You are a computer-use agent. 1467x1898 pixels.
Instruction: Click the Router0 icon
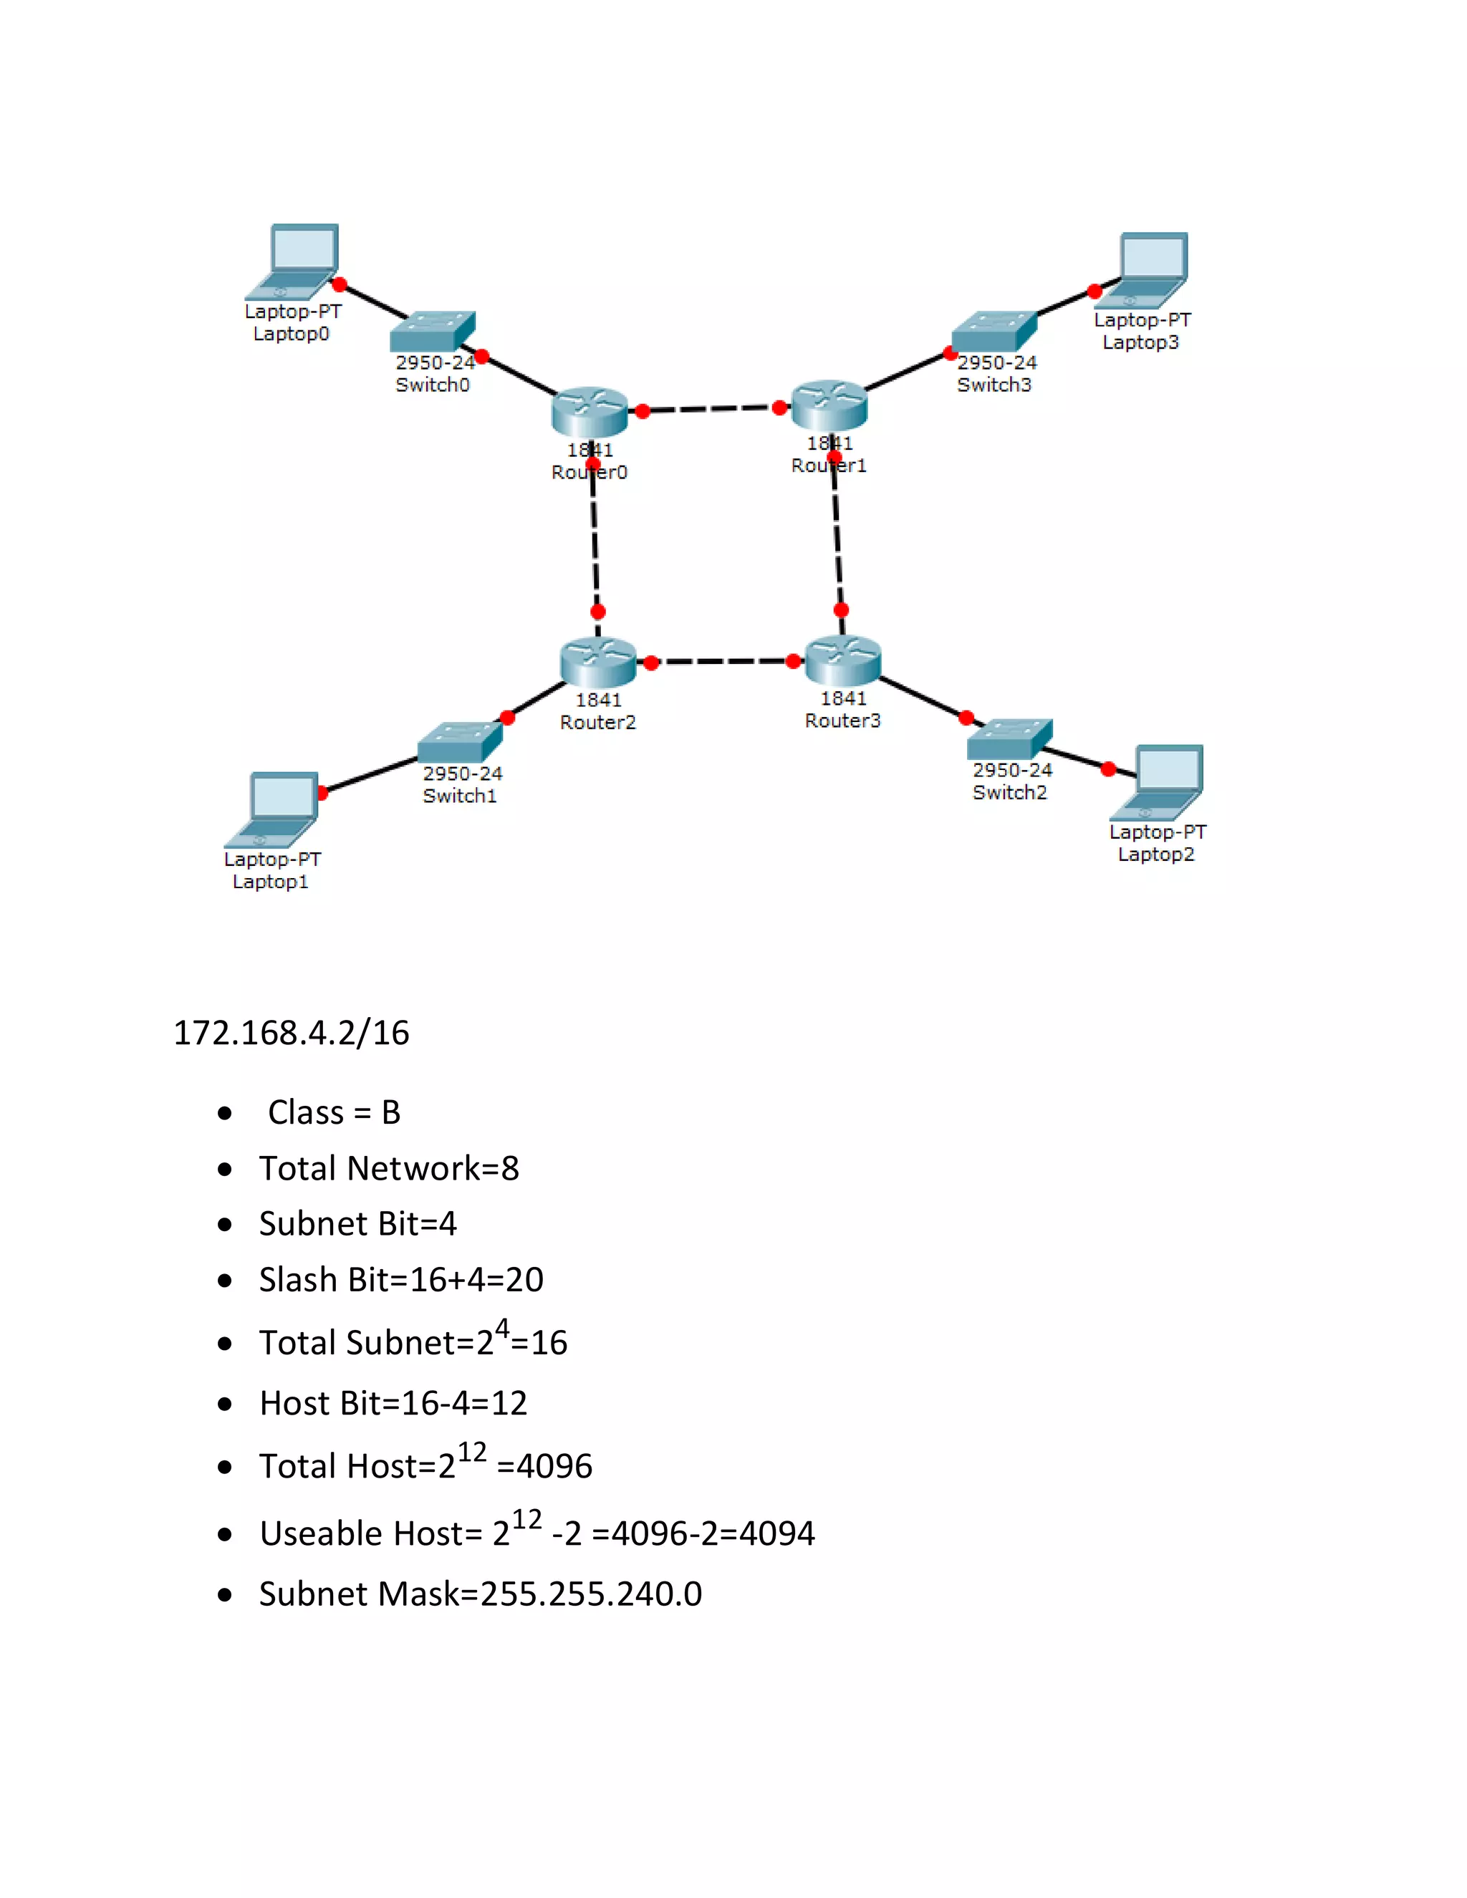pos(590,411)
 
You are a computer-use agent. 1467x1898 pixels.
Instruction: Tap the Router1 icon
pos(829,405)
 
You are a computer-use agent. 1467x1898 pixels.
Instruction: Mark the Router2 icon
pos(598,663)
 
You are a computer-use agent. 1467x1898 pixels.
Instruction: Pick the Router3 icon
pos(843,660)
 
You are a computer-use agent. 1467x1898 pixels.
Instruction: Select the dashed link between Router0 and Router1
pos(711,408)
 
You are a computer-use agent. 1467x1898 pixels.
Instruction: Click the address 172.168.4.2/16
pos(291,1032)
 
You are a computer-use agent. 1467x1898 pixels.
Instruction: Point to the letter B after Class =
pos(391,1112)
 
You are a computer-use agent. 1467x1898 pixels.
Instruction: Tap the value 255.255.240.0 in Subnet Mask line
pos(591,1594)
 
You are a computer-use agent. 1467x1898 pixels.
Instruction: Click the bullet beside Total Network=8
pos(225,1170)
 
